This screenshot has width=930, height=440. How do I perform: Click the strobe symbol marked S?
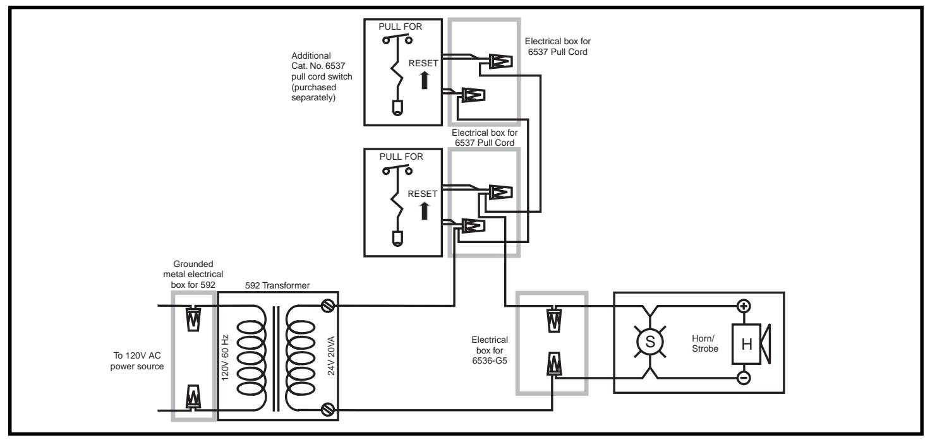(x=649, y=342)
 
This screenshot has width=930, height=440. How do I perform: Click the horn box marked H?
(x=746, y=344)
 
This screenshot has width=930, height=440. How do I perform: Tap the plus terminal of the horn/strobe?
(x=744, y=306)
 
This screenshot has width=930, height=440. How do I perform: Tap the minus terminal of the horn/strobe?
(x=744, y=378)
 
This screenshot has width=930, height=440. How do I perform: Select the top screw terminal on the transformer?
(x=327, y=306)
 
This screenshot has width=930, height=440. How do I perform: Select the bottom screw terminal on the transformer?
(x=327, y=410)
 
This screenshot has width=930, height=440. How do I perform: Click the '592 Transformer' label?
(x=277, y=285)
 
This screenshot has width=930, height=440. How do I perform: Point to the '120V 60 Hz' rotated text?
(x=225, y=357)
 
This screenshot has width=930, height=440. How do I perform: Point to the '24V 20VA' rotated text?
(x=331, y=356)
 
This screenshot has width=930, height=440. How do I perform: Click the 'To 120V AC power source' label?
(x=137, y=361)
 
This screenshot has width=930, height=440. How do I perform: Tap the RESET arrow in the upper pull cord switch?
(x=425, y=80)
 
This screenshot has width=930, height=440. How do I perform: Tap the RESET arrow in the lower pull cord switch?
(x=425, y=211)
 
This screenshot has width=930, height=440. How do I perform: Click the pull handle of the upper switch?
(x=397, y=108)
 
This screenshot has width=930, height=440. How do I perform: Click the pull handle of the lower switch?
(x=397, y=239)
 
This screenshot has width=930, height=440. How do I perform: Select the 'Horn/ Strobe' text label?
(x=704, y=343)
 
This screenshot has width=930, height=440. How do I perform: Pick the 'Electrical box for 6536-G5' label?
(x=490, y=350)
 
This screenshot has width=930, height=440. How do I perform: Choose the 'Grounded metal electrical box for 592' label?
(x=193, y=274)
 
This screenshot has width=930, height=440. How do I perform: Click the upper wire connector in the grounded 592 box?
(x=193, y=319)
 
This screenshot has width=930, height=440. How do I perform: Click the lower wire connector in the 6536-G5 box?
(x=555, y=364)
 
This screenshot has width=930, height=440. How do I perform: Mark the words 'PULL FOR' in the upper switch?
(x=400, y=27)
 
